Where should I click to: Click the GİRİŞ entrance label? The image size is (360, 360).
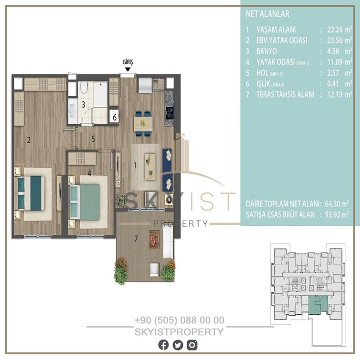coord(128,62)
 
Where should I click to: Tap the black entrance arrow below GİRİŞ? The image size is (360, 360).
coord(128,70)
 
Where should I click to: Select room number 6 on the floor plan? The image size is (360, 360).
coord(115,118)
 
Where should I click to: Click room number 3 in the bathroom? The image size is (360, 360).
coord(83,104)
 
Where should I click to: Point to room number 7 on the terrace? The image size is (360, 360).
coord(136,239)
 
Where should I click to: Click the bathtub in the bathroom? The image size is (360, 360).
coord(100,94)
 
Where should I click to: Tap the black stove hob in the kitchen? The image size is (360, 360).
coord(170,113)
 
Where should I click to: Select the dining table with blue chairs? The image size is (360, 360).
coord(143,124)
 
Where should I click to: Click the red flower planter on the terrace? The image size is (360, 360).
coord(154,240)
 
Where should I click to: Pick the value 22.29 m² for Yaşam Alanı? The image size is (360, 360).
coord(340,30)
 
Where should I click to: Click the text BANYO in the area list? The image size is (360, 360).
coord(266,51)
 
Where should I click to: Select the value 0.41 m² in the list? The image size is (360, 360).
coord(340,84)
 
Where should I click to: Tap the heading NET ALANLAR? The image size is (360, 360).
coord(268,14)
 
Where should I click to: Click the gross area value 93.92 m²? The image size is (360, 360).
coord(337,215)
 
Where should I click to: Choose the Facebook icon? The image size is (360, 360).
coord(163,345)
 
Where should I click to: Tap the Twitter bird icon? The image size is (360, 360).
coord(178,345)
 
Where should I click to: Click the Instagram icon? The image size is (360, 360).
coord(192,345)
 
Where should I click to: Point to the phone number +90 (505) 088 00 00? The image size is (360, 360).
coord(180,320)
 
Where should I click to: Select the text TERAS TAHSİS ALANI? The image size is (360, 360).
coord(285,95)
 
